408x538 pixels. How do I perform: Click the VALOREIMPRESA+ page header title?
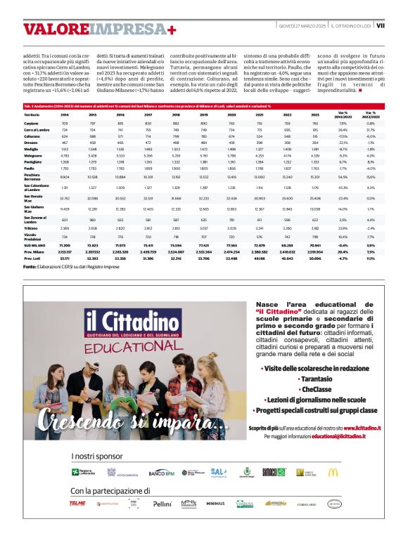click(x=99, y=29)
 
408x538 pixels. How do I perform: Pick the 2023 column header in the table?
click(x=314, y=114)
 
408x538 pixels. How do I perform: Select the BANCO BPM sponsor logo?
click(x=160, y=472)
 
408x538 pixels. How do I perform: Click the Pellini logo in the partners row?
click(x=162, y=504)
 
